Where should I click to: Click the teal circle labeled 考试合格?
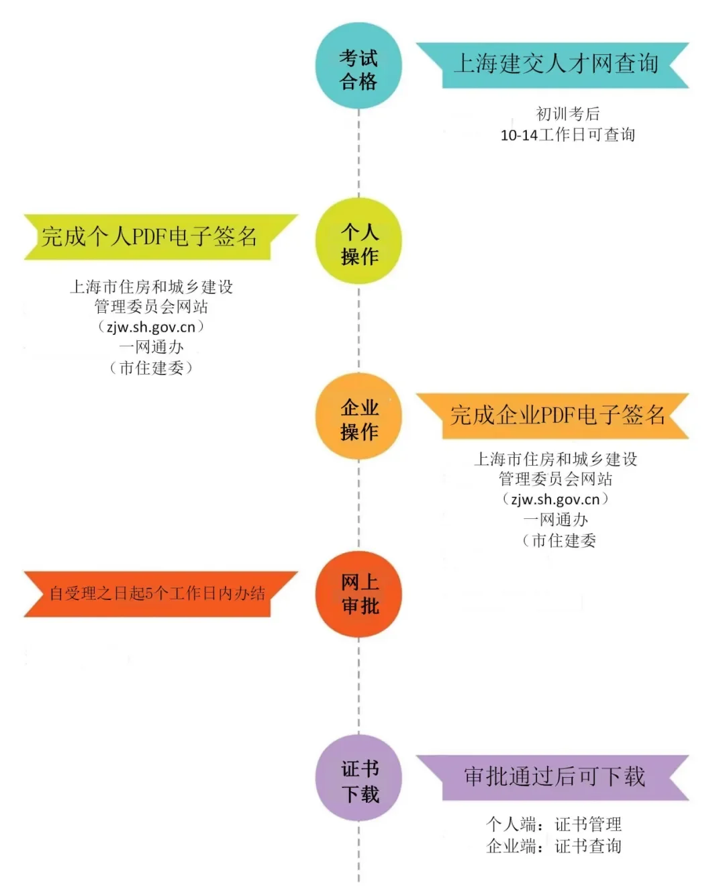pos(358,66)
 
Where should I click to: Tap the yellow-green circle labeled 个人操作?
pos(358,242)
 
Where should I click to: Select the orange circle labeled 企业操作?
pos(358,417)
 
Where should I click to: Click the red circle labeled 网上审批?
pos(358,594)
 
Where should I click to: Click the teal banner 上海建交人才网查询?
pos(554,64)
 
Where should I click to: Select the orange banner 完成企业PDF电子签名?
pos(554,415)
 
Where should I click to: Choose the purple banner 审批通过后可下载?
pos(554,777)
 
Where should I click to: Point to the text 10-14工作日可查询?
pos(568,135)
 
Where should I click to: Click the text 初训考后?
pos(568,114)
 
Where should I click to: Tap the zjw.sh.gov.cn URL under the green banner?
pos(151,327)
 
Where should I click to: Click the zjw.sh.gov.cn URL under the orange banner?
pos(555,499)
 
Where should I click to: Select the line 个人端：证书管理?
pos(554,824)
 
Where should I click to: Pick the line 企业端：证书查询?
pos(554,846)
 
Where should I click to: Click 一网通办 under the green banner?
pos(151,347)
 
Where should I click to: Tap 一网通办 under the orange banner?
pos(555,520)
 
